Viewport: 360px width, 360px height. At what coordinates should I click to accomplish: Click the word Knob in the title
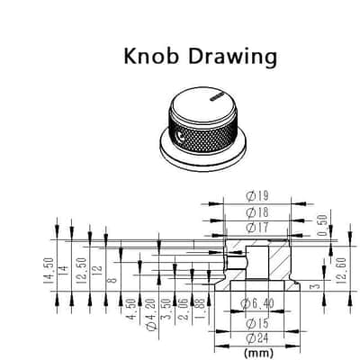pos(151,56)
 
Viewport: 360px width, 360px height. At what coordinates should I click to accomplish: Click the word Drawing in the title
pos(232,58)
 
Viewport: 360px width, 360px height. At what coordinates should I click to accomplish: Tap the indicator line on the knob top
pos(217,96)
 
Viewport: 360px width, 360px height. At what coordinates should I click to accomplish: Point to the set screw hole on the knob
pos(181,137)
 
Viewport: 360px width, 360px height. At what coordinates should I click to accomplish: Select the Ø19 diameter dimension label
pos(257,196)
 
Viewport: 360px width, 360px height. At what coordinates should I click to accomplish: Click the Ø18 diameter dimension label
pos(257,212)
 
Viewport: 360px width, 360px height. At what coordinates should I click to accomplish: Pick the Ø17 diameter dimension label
pos(257,228)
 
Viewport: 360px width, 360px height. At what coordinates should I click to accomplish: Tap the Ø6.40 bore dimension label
pos(257,304)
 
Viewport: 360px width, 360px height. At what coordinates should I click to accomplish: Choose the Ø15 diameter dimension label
pos(257,324)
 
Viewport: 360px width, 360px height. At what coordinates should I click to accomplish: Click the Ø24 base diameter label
pos(257,338)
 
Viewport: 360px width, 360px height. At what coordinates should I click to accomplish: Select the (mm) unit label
pos(258,352)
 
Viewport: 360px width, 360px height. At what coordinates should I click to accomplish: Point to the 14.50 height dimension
pos(49,271)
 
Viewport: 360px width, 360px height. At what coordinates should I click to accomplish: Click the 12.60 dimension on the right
pos(342,271)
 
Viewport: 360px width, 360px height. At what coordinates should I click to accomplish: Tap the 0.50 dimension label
pos(323,225)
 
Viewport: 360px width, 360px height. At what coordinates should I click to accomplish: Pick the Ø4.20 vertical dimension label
pos(152,314)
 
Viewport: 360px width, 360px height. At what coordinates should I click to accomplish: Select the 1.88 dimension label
pos(201,309)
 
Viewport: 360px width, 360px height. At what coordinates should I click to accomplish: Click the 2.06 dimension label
pos(185,309)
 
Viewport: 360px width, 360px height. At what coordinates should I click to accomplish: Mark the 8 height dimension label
pos(112,281)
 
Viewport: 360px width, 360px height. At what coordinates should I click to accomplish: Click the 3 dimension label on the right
pos(315,286)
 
